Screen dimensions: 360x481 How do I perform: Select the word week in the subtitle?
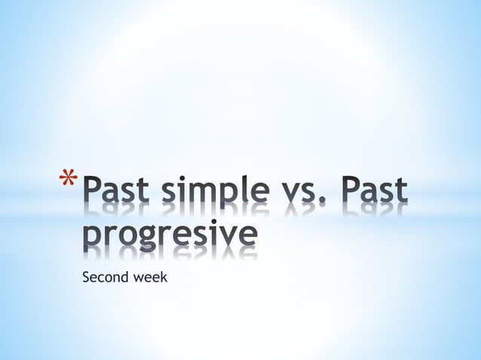(x=149, y=277)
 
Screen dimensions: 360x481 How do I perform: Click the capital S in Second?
(x=85, y=277)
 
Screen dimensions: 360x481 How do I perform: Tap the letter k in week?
(x=164, y=277)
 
